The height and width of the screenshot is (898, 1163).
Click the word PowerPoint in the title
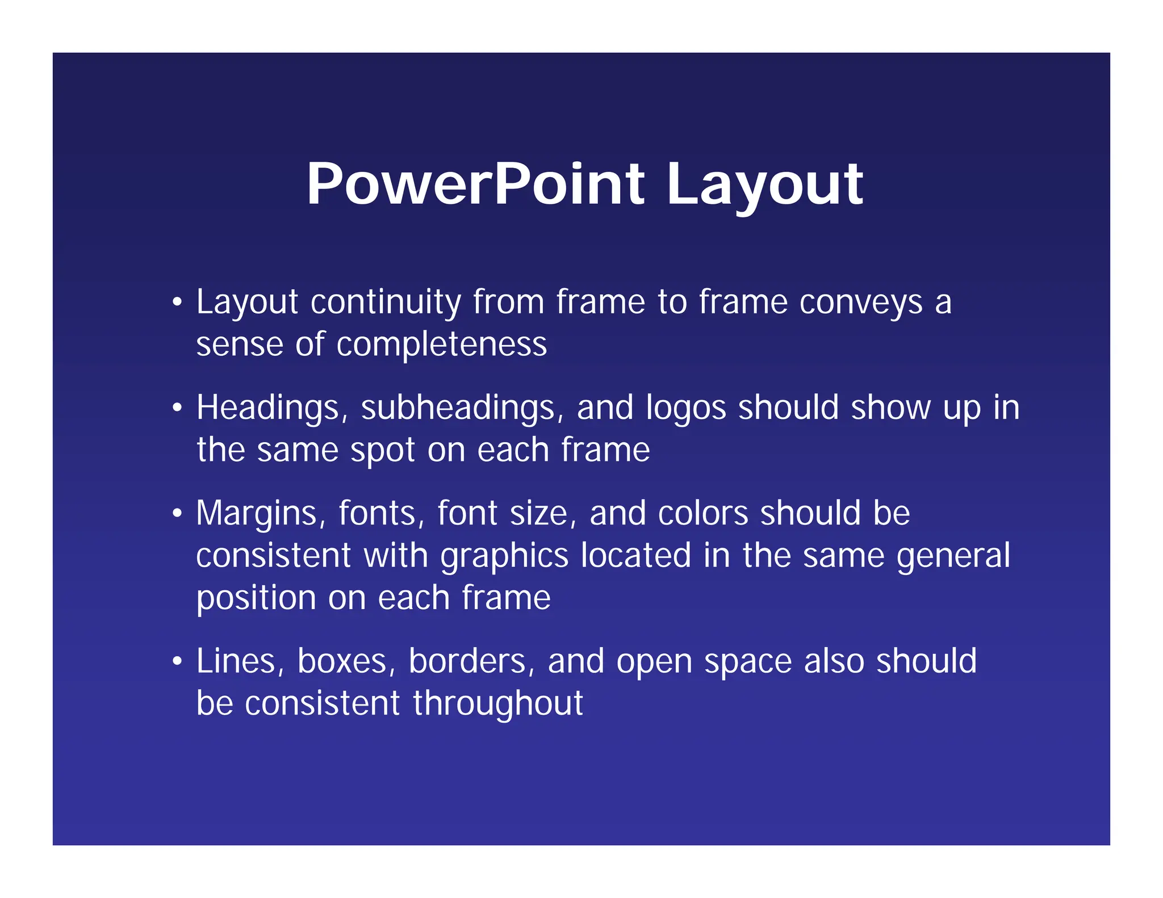[475, 184]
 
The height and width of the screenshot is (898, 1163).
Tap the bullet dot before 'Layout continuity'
[178, 302]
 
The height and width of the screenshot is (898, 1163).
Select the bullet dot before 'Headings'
[178, 408]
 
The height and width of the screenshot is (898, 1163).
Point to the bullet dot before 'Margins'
[178, 513]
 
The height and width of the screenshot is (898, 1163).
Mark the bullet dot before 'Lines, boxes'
[178, 661]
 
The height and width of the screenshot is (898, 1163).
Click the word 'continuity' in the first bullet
[386, 302]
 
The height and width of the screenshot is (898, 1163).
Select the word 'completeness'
[441, 345]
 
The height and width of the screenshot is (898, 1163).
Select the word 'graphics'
[504, 556]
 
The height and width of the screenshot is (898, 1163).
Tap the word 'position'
[256, 599]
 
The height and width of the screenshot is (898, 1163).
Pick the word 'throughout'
[497, 704]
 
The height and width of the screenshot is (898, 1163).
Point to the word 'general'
[953, 556]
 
